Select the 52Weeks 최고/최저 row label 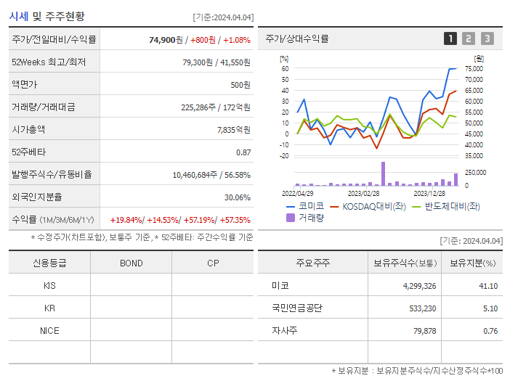49,62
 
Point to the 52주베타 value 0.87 243,152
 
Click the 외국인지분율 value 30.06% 238,197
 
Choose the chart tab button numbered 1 450,38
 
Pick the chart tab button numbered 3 487,38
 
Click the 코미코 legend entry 306,206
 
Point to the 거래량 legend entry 306,217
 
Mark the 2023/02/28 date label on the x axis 363,193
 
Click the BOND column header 131,263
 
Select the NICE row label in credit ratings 49,330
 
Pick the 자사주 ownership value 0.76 490,331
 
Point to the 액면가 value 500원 240,85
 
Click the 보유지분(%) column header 472,263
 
